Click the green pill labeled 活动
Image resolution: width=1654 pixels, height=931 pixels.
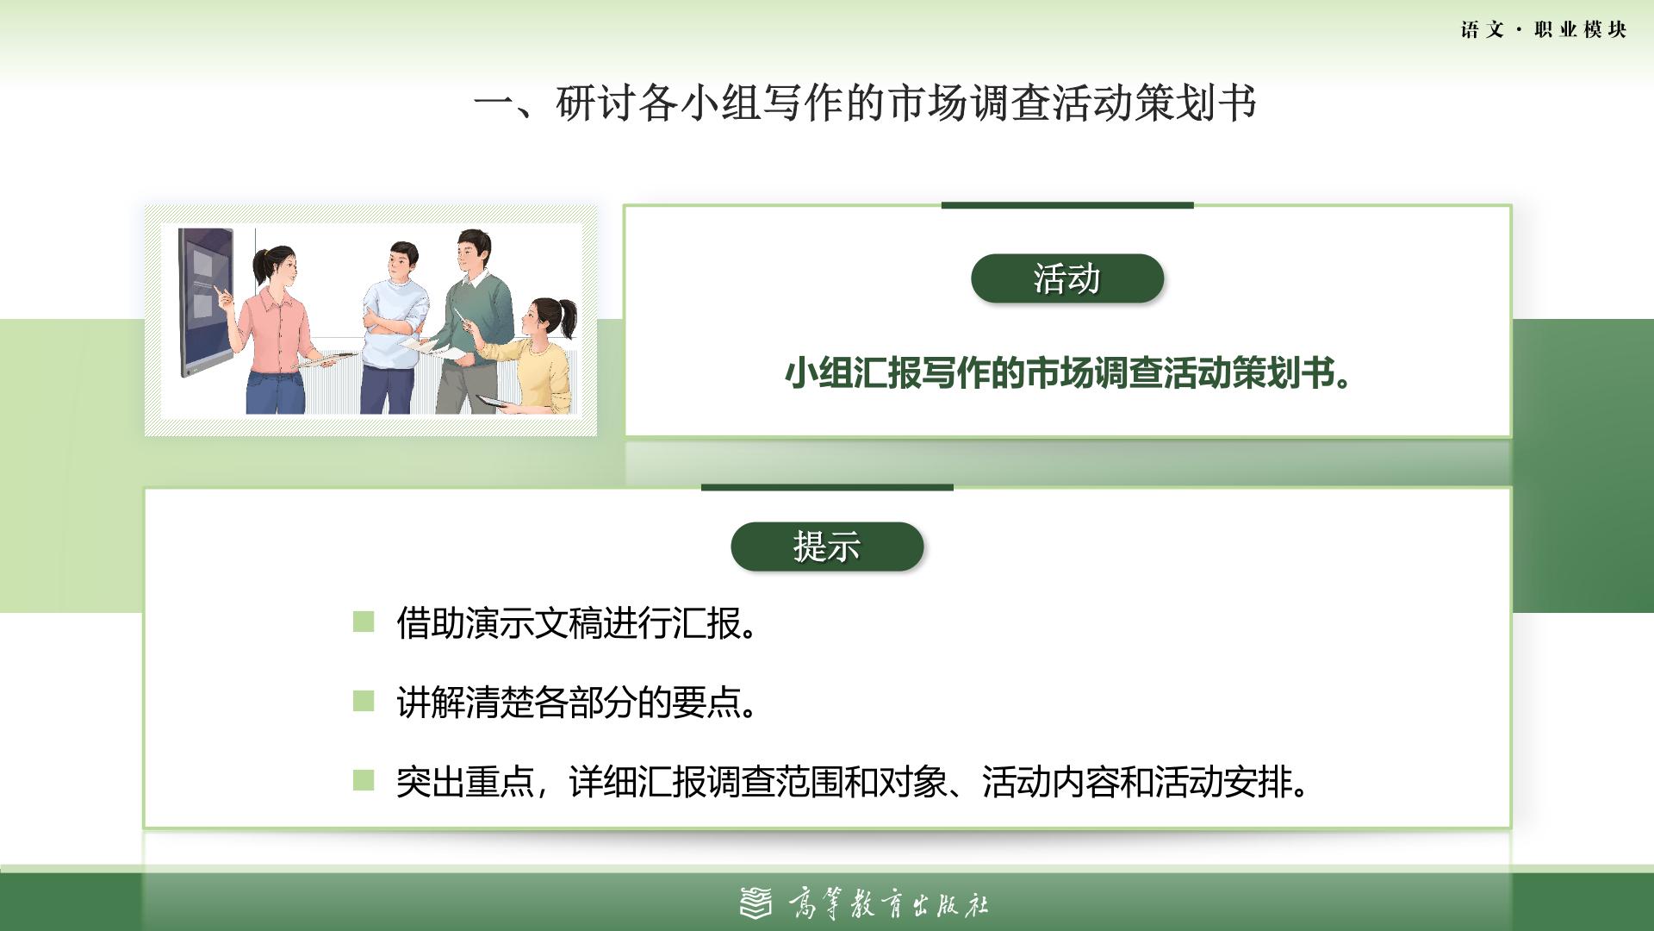click(x=1067, y=278)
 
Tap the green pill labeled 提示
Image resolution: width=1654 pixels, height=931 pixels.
click(x=827, y=547)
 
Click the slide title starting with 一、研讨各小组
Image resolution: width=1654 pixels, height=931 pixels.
click(x=865, y=103)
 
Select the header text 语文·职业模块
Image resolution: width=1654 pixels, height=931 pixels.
click(x=1544, y=29)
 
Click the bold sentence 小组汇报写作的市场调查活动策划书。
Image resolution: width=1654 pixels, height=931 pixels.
click(x=1067, y=373)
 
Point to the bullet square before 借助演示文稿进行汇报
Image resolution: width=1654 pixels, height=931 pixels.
click(x=364, y=622)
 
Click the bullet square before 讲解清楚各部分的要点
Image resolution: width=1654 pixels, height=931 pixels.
click(x=364, y=702)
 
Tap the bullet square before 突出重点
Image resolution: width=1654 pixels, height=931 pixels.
click(x=364, y=781)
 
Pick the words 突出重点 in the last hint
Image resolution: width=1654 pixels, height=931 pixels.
click(x=465, y=783)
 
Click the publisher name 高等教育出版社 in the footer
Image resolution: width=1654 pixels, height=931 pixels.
click(x=888, y=904)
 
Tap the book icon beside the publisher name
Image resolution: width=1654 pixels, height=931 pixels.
click(x=756, y=903)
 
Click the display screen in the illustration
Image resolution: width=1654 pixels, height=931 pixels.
click(x=206, y=303)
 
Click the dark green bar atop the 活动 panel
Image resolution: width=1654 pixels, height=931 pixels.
click(x=1067, y=205)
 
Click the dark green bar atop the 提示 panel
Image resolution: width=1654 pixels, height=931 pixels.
click(x=827, y=487)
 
